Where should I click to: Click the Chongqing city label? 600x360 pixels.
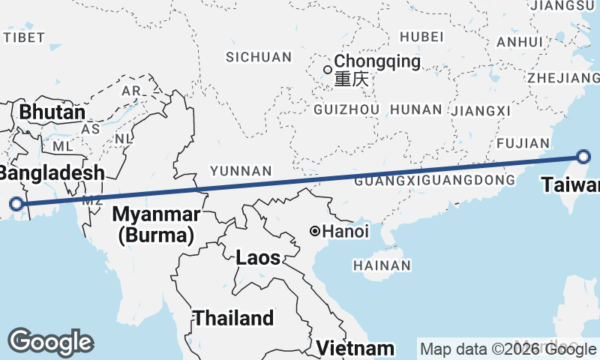coord(377,61)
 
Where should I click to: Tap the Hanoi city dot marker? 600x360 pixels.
coord(316,231)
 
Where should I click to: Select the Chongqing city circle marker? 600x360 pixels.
coord(327,70)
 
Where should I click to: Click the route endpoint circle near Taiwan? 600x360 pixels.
coord(584,157)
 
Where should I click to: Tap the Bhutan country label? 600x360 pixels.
coord(52,113)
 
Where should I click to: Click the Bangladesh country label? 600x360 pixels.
coord(51,173)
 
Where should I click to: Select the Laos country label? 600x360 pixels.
coord(258,258)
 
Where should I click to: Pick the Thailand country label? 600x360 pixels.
coord(233,318)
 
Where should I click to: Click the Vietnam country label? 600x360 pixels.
coord(355,348)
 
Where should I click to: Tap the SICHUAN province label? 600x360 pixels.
coord(259,57)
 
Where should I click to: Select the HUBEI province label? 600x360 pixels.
coord(422,37)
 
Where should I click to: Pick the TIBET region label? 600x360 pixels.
coord(25,37)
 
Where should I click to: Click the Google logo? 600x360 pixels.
coord(50,342)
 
